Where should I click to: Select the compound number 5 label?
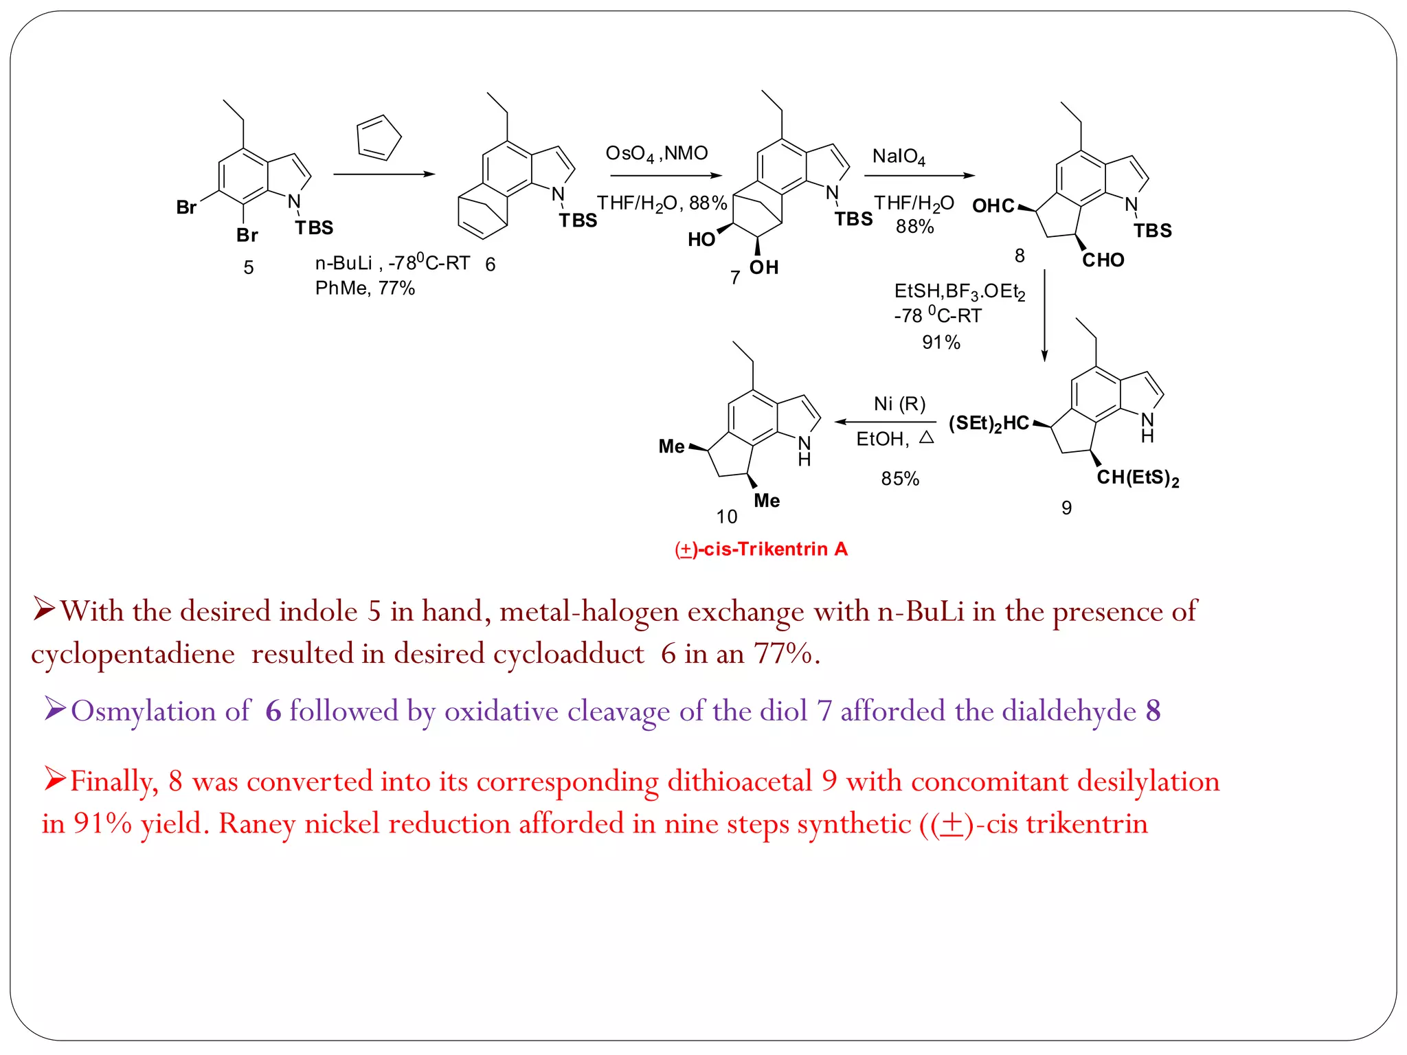(249, 268)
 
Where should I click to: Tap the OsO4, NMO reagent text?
(656, 153)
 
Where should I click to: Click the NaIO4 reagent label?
(899, 157)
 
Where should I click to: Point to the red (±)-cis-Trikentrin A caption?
(761, 549)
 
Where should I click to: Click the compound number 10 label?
(726, 517)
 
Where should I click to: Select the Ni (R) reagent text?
(899, 404)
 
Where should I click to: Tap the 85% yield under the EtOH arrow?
(900, 479)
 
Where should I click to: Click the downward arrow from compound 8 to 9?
(1044, 316)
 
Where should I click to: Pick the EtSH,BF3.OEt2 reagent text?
(959, 292)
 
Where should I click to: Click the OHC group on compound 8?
(993, 206)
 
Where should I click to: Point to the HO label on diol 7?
(701, 240)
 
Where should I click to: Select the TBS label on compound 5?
(314, 228)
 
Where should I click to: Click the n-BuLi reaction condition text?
(392, 264)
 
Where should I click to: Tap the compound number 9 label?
(1066, 508)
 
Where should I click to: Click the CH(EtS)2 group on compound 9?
(1138, 478)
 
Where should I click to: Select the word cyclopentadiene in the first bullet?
(133, 654)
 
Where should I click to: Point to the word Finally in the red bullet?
(114, 782)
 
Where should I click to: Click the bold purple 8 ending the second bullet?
(1153, 711)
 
